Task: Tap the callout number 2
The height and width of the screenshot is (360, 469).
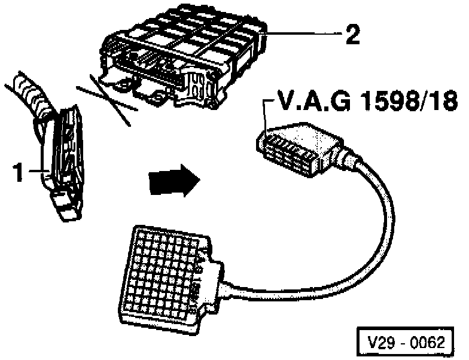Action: pos(352,36)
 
